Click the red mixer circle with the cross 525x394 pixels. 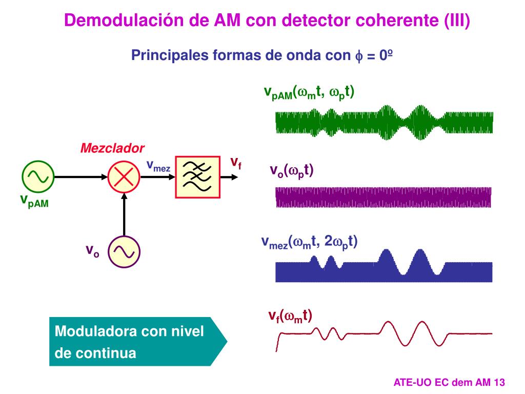point(124,176)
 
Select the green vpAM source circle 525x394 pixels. point(38,176)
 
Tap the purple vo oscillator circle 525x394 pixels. point(124,251)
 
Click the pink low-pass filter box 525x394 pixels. point(197,176)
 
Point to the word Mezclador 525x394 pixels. point(112,149)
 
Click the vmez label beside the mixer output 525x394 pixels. point(158,165)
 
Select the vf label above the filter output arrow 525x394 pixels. point(235,163)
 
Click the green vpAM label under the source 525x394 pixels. point(34,201)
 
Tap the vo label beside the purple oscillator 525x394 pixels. point(92,251)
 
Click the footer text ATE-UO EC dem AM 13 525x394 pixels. point(449,382)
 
